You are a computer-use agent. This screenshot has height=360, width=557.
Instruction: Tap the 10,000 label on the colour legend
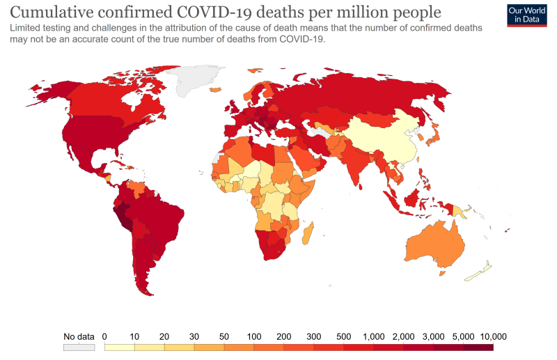tap(494, 336)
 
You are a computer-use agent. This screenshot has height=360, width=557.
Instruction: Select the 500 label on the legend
tap(344, 336)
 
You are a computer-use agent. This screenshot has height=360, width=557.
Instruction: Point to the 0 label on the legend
tap(104, 336)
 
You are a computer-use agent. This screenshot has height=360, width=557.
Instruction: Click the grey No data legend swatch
tap(79, 346)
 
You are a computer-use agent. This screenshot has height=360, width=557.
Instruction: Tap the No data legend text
tap(79, 336)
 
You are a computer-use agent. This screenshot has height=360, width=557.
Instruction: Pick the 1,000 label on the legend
tap(374, 336)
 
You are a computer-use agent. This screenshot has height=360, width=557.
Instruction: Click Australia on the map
tap(435, 240)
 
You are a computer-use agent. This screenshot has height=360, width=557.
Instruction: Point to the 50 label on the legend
tap(224, 336)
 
